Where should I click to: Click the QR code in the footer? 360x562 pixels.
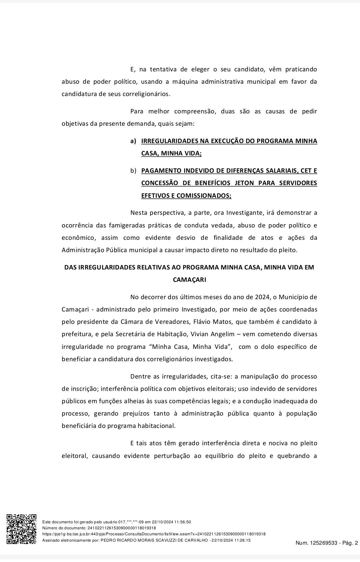(22, 529)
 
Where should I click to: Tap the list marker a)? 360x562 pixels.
(133, 141)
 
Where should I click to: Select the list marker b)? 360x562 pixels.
(133, 171)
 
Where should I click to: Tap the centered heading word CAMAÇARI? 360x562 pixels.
(189, 280)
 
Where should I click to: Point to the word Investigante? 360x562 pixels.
(245, 213)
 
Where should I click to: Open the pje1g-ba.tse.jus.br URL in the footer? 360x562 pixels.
(154, 534)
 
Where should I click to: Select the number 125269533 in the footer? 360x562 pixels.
(322, 543)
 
